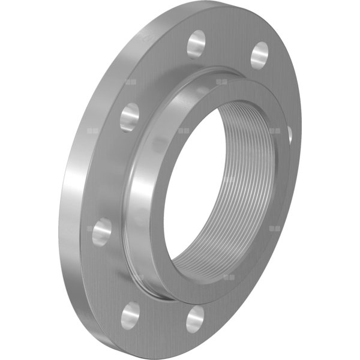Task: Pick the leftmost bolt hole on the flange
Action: pyautogui.click(x=101, y=231)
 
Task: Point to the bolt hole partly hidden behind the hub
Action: pyautogui.click(x=290, y=136)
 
